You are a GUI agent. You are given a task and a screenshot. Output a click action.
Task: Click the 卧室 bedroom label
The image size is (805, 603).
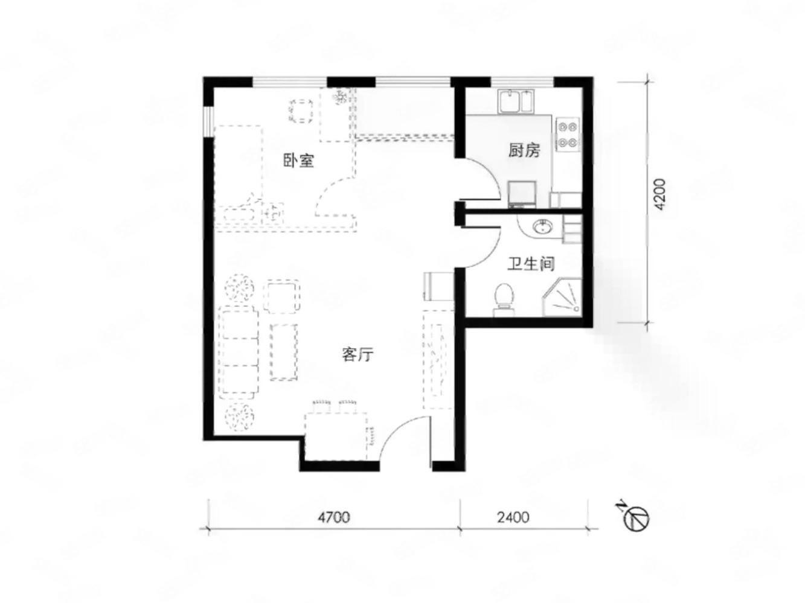pos(298,161)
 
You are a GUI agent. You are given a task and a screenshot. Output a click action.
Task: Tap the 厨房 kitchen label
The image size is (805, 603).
pos(524,150)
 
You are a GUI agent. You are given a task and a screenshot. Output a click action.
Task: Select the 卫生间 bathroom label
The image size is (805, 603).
pos(531,264)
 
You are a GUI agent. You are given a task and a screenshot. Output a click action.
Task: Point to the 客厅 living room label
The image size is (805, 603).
pos(358,354)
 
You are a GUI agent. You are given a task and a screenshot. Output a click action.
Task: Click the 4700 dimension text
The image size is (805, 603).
pos(334,517)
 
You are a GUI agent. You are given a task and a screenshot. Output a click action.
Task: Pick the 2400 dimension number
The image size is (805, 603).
pos(513,517)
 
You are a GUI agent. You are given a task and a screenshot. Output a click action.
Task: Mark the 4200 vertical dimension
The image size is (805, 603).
pos(659,194)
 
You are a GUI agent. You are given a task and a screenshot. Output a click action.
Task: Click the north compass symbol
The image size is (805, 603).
pos(635,517)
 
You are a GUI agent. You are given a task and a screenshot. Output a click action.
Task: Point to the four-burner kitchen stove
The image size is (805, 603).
pos(567,134)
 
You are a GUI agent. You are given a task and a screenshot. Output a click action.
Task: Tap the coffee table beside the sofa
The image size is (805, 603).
pos(283,352)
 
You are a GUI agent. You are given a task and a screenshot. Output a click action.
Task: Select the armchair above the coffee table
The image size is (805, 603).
pos(281,296)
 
